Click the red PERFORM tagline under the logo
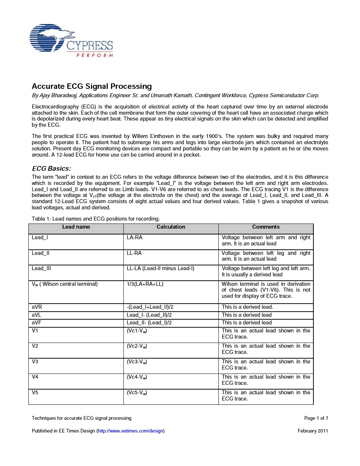point(94,55)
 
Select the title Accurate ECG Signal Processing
point(92,86)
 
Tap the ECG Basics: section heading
point(51,169)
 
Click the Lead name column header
point(76,227)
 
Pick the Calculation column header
point(171,227)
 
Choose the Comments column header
point(266,227)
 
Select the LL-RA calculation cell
point(134,253)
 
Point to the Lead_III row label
point(41,268)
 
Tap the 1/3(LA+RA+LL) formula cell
point(145,284)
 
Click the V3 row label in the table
point(35,362)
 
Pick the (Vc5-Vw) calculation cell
point(137,392)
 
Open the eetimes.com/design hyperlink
point(131,431)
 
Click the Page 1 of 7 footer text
point(316,418)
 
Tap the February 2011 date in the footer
point(313,431)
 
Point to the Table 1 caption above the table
point(96,219)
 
